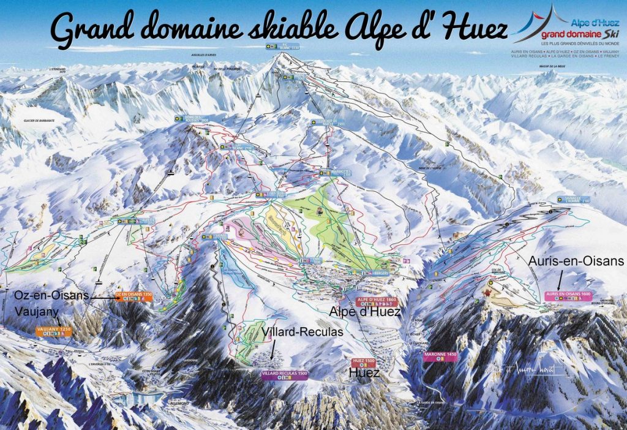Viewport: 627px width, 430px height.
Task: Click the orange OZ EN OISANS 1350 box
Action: click(133, 295)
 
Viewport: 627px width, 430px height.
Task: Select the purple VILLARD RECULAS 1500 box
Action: click(283, 373)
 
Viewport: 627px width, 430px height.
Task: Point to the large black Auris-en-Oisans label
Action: click(576, 261)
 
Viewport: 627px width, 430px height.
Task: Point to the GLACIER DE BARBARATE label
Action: click(37, 121)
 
